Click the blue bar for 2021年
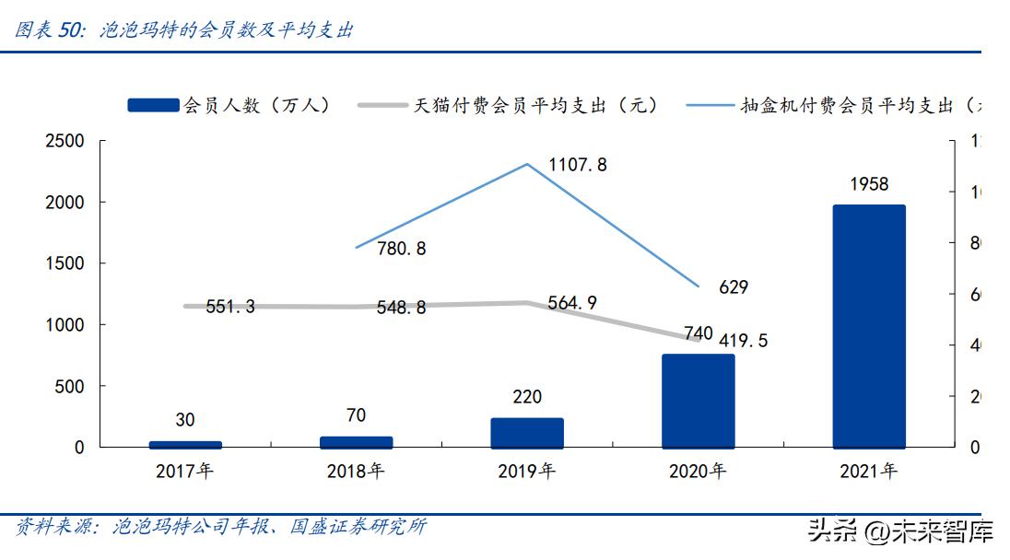pyautogui.click(x=869, y=326)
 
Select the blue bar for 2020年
pyautogui.click(x=698, y=401)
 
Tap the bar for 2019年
pyautogui.click(x=527, y=433)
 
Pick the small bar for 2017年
pyautogui.click(x=185, y=444)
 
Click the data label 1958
pyautogui.click(x=869, y=184)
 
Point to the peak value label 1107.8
pyautogui.click(x=578, y=165)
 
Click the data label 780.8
pyautogui.click(x=402, y=249)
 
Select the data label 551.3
pyautogui.click(x=230, y=307)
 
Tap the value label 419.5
pyautogui.click(x=737, y=341)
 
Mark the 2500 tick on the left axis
pyautogui.click(x=65, y=141)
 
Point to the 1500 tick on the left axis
pyautogui.click(x=65, y=263)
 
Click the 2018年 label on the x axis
pyautogui.click(x=356, y=472)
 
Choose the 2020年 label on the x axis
pyautogui.click(x=698, y=472)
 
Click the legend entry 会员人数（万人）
pyautogui.click(x=229, y=105)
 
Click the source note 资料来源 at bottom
pyautogui.click(x=221, y=527)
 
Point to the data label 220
pyautogui.click(x=527, y=397)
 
